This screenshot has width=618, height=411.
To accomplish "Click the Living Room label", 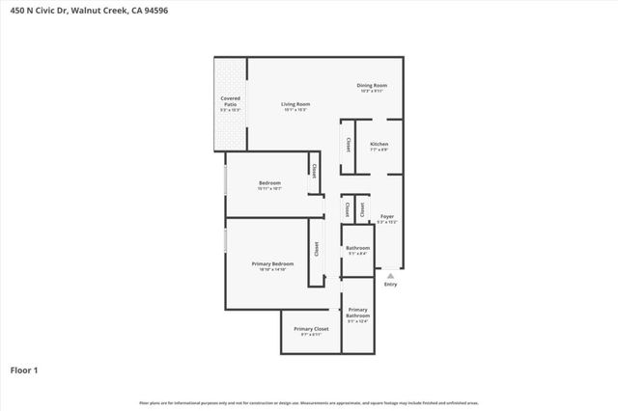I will pyautogui.click(x=295, y=103).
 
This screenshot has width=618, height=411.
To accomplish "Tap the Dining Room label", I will pyautogui.click(x=372, y=86).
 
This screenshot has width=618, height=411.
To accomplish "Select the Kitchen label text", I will pyautogui.click(x=379, y=144).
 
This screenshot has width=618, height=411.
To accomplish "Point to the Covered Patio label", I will pyautogui.click(x=231, y=100).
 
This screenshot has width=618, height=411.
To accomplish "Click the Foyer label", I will pyautogui.click(x=387, y=216).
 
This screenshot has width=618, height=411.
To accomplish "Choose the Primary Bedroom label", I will pyautogui.click(x=272, y=263).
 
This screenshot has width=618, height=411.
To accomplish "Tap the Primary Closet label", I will pyautogui.click(x=311, y=328).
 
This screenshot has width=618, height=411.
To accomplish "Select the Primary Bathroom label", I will pyautogui.click(x=358, y=313).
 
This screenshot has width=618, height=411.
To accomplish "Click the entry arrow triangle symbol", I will pyautogui.click(x=391, y=275).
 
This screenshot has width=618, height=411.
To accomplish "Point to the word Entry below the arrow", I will pyautogui.click(x=391, y=285).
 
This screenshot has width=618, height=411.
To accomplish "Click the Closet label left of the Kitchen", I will pyautogui.click(x=348, y=145).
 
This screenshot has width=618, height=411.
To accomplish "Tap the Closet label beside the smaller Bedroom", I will pyautogui.click(x=313, y=172).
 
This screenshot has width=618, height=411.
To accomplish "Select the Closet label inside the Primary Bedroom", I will pyautogui.click(x=316, y=248).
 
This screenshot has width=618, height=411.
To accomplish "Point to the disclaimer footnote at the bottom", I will pyautogui.click(x=309, y=402).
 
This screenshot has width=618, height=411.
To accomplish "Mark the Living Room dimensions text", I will pyautogui.click(x=295, y=110).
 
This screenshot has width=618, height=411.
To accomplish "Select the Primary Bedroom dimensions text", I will pyautogui.click(x=272, y=270).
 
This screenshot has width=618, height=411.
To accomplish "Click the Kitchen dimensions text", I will pyautogui.click(x=379, y=151).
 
